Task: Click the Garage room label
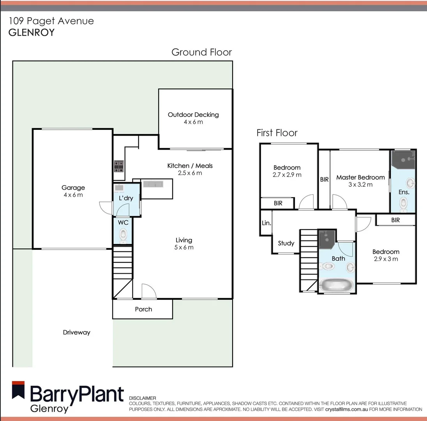(73, 188)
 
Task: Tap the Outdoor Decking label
(193, 115)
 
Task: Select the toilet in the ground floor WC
(124, 235)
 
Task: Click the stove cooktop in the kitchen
(119, 166)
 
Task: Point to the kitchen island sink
(153, 184)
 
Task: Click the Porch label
(143, 309)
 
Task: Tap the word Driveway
(76, 333)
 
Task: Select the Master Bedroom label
(360, 177)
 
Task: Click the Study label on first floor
(286, 243)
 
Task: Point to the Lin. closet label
(266, 223)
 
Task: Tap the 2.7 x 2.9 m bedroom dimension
(287, 175)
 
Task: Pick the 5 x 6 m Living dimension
(184, 247)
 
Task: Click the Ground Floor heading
(201, 52)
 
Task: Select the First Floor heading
(277, 133)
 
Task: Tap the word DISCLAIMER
(142, 398)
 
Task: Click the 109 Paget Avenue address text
(51, 21)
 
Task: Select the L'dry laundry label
(126, 198)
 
